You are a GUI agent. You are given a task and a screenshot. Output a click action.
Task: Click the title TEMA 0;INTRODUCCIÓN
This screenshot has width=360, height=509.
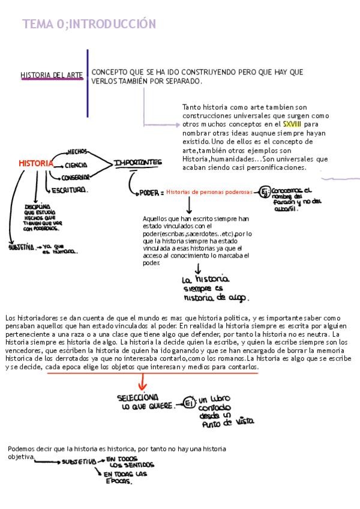tap(89, 24)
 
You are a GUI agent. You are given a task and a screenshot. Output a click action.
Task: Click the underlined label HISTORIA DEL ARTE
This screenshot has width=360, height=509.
tap(52, 75)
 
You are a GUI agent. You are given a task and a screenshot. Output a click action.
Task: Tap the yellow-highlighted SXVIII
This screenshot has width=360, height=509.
tap(292, 124)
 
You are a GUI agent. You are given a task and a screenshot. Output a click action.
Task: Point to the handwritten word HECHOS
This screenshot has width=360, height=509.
tap(78, 152)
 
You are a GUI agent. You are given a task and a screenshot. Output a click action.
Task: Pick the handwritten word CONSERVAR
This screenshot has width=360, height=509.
tap(76, 177)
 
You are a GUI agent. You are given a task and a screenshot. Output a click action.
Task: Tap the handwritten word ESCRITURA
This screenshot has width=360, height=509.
tap(70, 190)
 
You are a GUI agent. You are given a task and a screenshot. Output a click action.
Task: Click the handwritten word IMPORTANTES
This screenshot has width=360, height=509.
tap(138, 162)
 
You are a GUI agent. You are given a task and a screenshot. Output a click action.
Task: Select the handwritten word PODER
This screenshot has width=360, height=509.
tap(148, 193)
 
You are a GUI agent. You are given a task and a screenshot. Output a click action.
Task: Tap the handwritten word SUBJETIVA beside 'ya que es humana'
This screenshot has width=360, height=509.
tap(21, 247)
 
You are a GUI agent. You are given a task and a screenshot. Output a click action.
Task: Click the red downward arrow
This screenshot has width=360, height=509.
tap(142, 381)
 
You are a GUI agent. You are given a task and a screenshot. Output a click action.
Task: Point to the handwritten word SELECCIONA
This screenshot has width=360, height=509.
tap(138, 397)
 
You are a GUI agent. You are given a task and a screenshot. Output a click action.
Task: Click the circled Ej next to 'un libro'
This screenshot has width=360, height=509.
tap(188, 402)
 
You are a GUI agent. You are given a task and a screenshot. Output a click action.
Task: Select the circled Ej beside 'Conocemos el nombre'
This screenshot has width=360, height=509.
tap(264, 192)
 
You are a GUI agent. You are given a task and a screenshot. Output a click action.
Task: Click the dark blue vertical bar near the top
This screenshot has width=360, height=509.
tap(88, 83)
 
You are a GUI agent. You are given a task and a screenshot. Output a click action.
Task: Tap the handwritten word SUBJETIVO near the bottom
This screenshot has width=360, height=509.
tap(80, 462)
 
